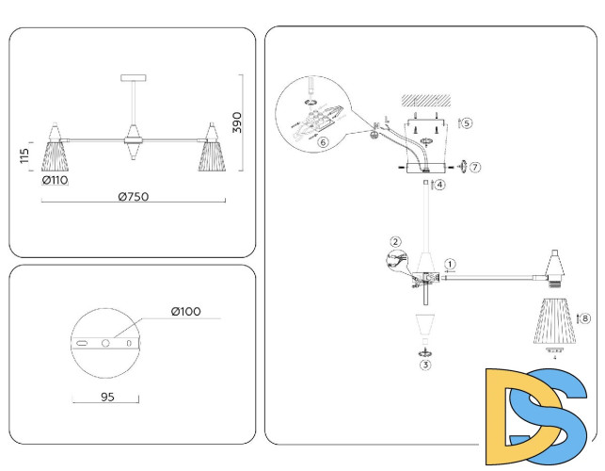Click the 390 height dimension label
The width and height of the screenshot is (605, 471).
pyautogui.click(x=238, y=122)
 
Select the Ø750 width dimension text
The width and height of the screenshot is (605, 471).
pyautogui.click(x=134, y=197)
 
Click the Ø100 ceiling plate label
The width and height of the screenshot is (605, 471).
pyautogui.click(x=187, y=312)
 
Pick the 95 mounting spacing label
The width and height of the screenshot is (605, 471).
pyautogui.click(x=106, y=398)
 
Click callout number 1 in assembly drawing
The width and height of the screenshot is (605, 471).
pyautogui.click(x=451, y=265)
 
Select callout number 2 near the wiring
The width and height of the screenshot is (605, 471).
pyautogui.click(x=396, y=242)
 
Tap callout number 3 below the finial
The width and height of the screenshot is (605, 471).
pyautogui.click(x=425, y=364)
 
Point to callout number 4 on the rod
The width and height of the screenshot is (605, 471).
pyautogui.click(x=439, y=185)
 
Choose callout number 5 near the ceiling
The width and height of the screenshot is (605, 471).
pyautogui.click(x=467, y=122)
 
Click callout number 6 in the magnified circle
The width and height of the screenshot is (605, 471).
pyautogui.click(x=322, y=142)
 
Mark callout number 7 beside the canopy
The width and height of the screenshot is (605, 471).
pyautogui.click(x=475, y=167)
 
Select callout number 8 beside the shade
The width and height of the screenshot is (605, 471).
pyautogui.click(x=585, y=319)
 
